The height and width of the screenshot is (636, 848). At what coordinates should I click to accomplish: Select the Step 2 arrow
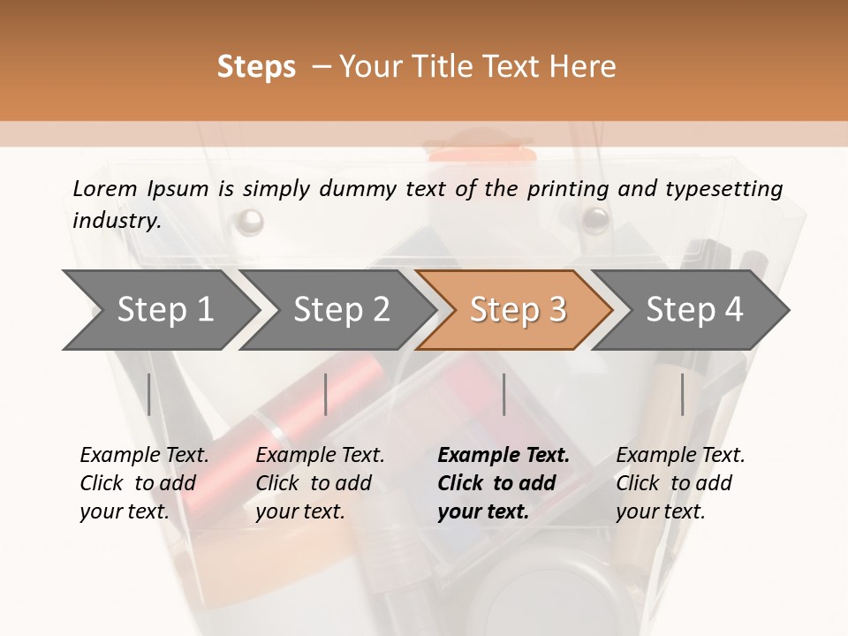click(x=341, y=310)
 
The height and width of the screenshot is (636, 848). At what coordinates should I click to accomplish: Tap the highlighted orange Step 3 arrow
click(x=518, y=310)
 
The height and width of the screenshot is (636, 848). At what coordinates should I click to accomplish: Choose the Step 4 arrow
click(x=694, y=310)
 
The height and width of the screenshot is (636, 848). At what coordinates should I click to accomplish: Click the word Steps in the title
click(x=256, y=67)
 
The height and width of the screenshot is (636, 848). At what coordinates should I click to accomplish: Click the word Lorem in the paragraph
click(x=105, y=188)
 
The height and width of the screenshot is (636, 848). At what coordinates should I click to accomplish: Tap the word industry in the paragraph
click(x=117, y=220)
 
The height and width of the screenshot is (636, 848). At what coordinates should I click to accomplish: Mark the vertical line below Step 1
click(x=149, y=394)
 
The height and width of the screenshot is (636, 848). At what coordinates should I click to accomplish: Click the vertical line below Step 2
click(x=326, y=394)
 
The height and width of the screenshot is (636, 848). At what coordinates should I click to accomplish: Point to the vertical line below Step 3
click(x=503, y=394)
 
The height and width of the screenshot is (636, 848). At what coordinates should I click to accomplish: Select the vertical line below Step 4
click(x=682, y=394)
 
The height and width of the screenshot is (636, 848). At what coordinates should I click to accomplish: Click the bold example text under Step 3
click(x=503, y=483)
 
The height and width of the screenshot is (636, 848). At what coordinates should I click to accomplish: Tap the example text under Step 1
click(x=144, y=483)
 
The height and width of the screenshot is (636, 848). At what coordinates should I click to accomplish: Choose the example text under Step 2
click(x=320, y=483)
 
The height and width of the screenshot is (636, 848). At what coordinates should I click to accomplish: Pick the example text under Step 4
click(x=680, y=483)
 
